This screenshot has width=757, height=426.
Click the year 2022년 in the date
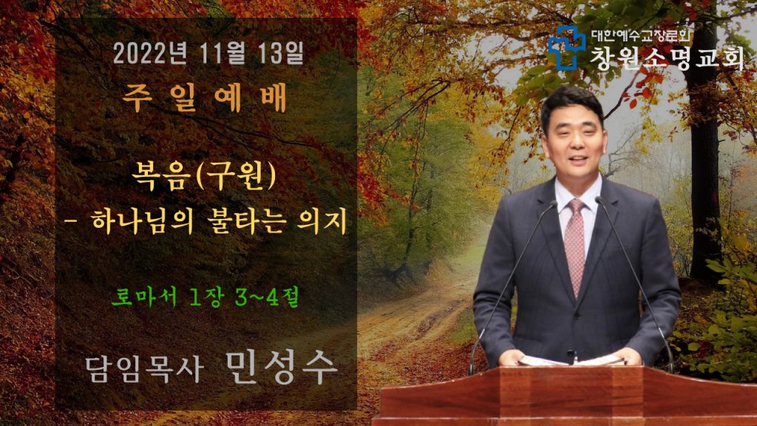point(150,53)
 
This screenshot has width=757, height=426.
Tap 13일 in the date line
point(281,53)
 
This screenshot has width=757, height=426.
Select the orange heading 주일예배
point(204,98)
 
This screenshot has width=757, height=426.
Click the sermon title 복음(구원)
point(204,176)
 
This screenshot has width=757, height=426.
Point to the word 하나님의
point(142,222)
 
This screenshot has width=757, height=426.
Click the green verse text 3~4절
point(267,297)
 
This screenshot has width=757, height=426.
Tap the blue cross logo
point(566,47)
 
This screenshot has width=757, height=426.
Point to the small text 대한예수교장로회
point(641,35)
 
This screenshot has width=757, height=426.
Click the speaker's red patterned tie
point(574,246)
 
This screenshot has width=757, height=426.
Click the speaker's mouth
point(578,160)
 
